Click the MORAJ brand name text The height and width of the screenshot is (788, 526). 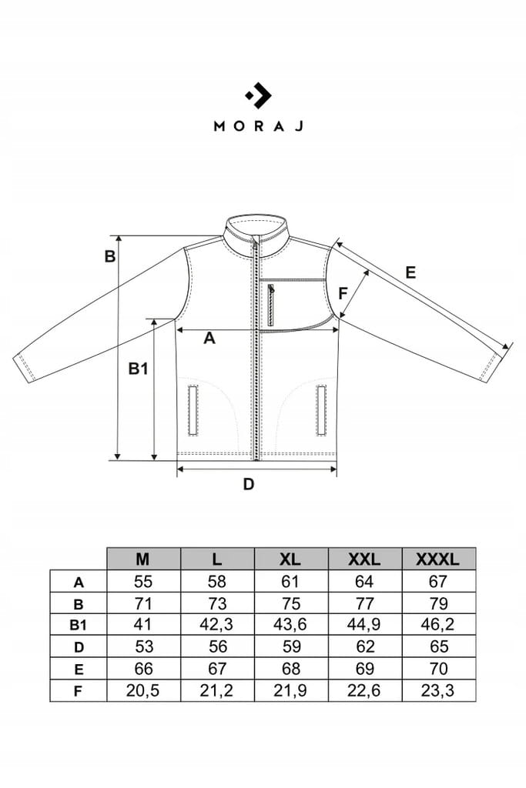pyautogui.click(x=259, y=125)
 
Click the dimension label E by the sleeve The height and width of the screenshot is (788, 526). pyautogui.click(x=410, y=272)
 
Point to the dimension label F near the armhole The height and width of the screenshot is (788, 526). pyautogui.click(x=343, y=293)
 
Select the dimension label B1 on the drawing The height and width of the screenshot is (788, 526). pyautogui.click(x=139, y=369)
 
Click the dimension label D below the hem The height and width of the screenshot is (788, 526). pyautogui.click(x=249, y=485)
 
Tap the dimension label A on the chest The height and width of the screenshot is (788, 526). pyautogui.click(x=209, y=339)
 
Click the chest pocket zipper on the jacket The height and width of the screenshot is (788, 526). pyautogui.click(x=271, y=305)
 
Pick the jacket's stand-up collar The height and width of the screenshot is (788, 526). pyautogui.click(x=256, y=235)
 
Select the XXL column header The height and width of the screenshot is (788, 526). pyautogui.click(x=364, y=559)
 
